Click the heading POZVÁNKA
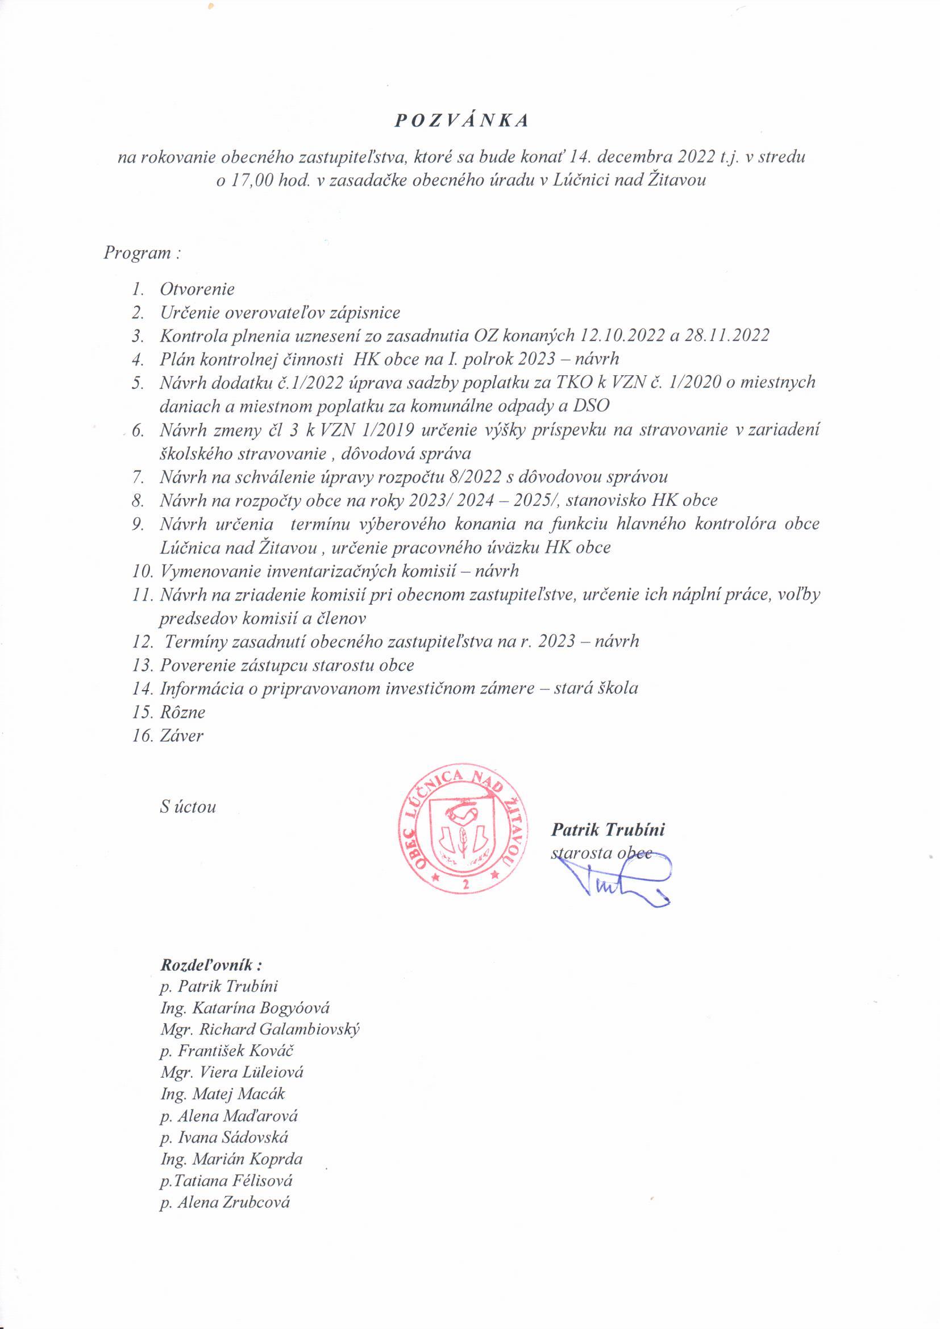462,121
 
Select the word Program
137,253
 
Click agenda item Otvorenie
197,288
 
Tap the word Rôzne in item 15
182,712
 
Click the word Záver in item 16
182,736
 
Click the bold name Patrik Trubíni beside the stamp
608,829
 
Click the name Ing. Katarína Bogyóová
245,1008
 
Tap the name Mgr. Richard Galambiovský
260,1029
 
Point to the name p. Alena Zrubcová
226,1202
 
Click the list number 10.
142,571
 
